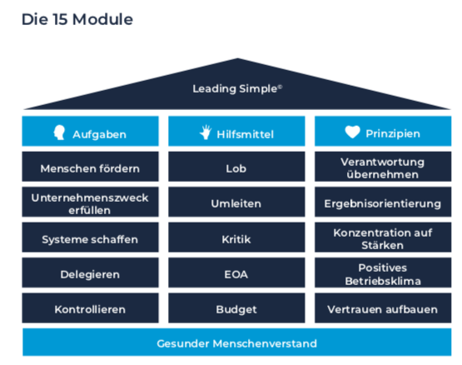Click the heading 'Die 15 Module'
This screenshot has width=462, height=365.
pyautogui.click(x=77, y=20)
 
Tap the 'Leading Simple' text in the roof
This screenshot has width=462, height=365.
pyautogui.click(x=237, y=88)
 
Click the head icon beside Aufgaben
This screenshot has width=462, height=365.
pyautogui.click(x=59, y=132)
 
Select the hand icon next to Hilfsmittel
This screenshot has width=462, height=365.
pyautogui.click(x=206, y=132)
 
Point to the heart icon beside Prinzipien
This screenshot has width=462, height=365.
pyautogui.click(x=352, y=132)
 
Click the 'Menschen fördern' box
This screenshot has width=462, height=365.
pyautogui.click(x=90, y=167)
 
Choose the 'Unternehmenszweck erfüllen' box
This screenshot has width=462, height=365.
pyautogui.click(x=90, y=202)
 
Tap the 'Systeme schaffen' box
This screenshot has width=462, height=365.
pyautogui.click(x=90, y=237)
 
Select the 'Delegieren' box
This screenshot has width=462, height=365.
pyautogui.click(x=90, y=272)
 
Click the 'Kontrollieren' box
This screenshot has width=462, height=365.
pyautogui.click(x=90, y=307)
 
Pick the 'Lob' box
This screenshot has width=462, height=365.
pyautogui.click(x=236, y=167)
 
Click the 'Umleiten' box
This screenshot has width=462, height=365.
pyautogui.click(x=236, y=202)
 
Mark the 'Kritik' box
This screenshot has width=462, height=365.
pyautogui.click(x=236, y=237)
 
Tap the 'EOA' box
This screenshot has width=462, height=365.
pyautogui.click(x=236, y=272)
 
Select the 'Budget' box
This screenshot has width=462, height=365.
pyautogui.click(x=236, y=307)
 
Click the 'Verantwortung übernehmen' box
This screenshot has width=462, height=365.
pyautogui.click(x=383, y=167)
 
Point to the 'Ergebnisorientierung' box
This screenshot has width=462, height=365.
pyautogui.click(x=383, y=202)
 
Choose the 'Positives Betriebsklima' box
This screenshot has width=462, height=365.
pyautogui.click(x=383, y=272)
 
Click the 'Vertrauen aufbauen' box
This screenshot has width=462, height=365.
pyautogui.click(x=383, y=307)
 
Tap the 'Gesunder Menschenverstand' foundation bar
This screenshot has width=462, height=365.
pyautogui.click(x=237, y=342)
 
